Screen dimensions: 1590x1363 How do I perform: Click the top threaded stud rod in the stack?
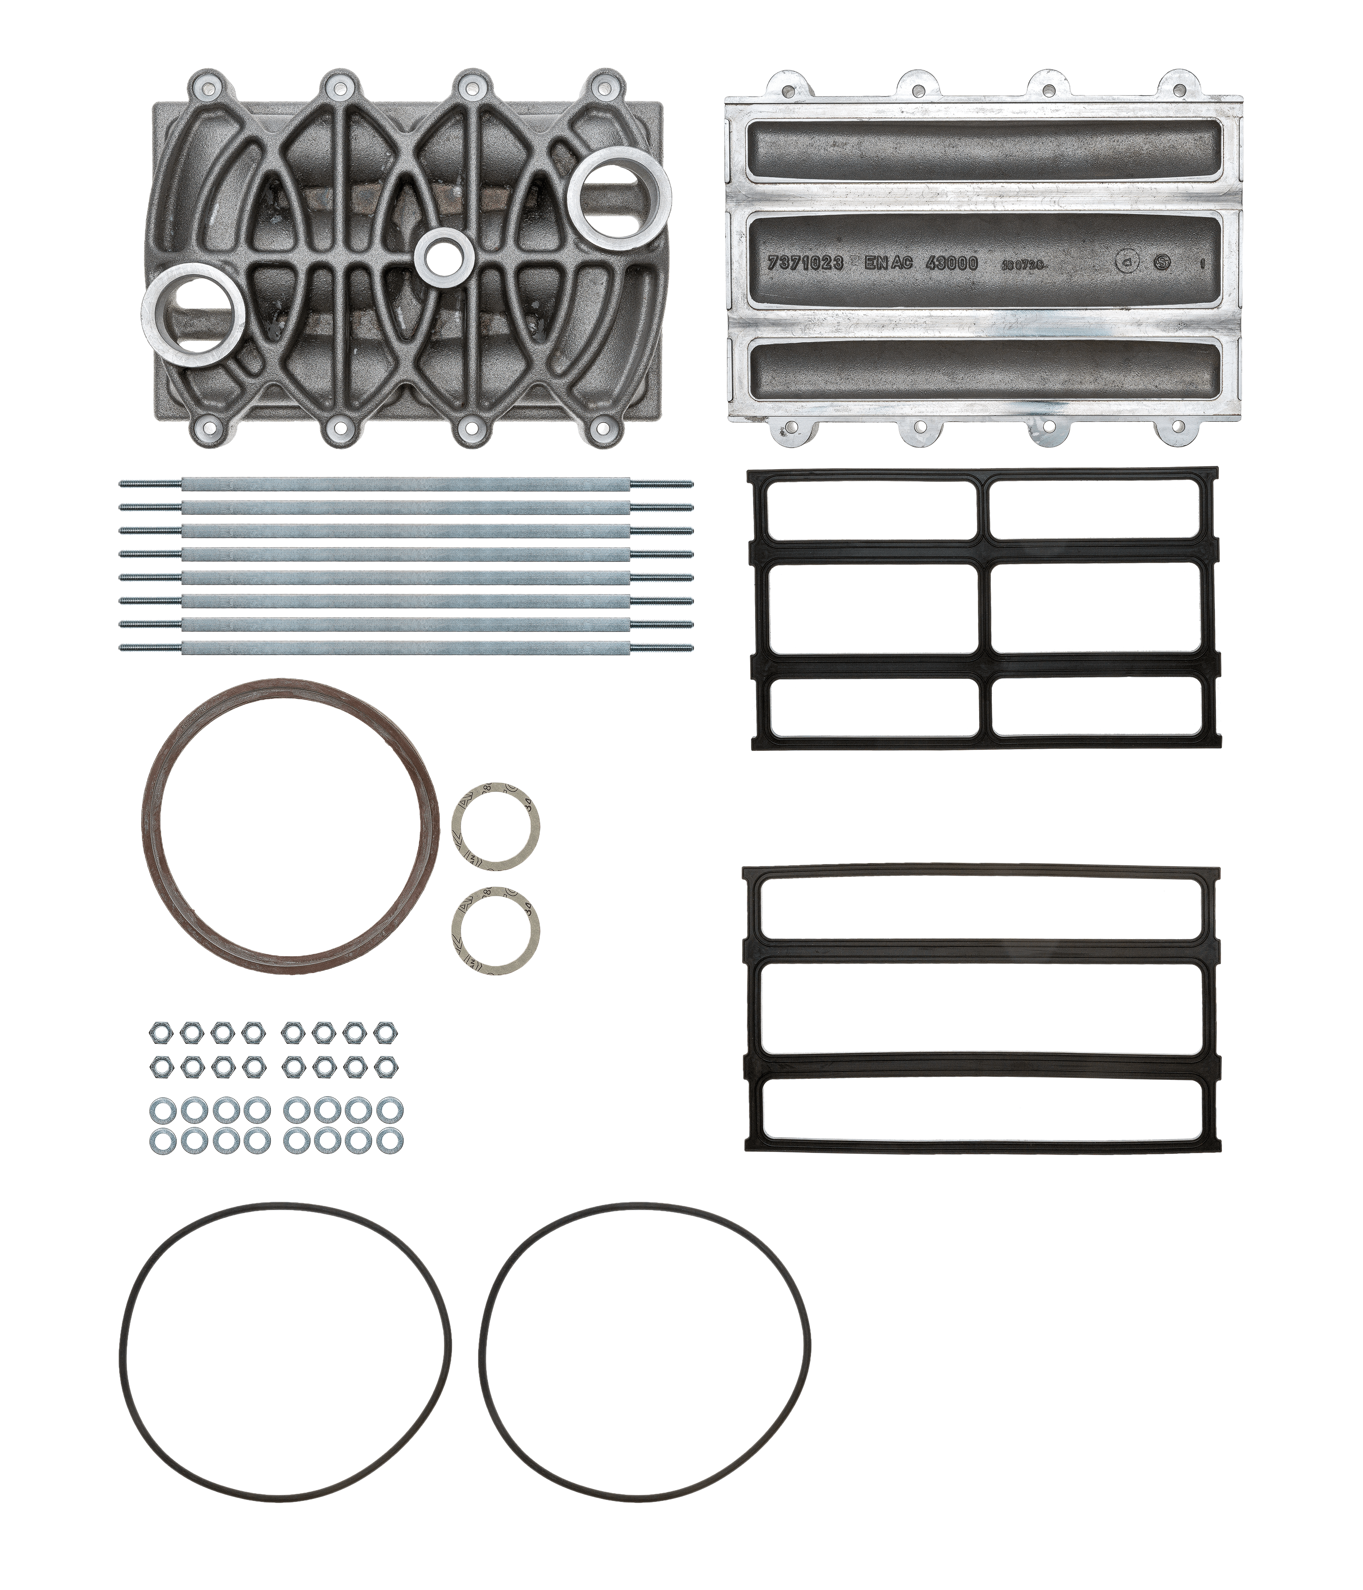click(406, 483)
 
